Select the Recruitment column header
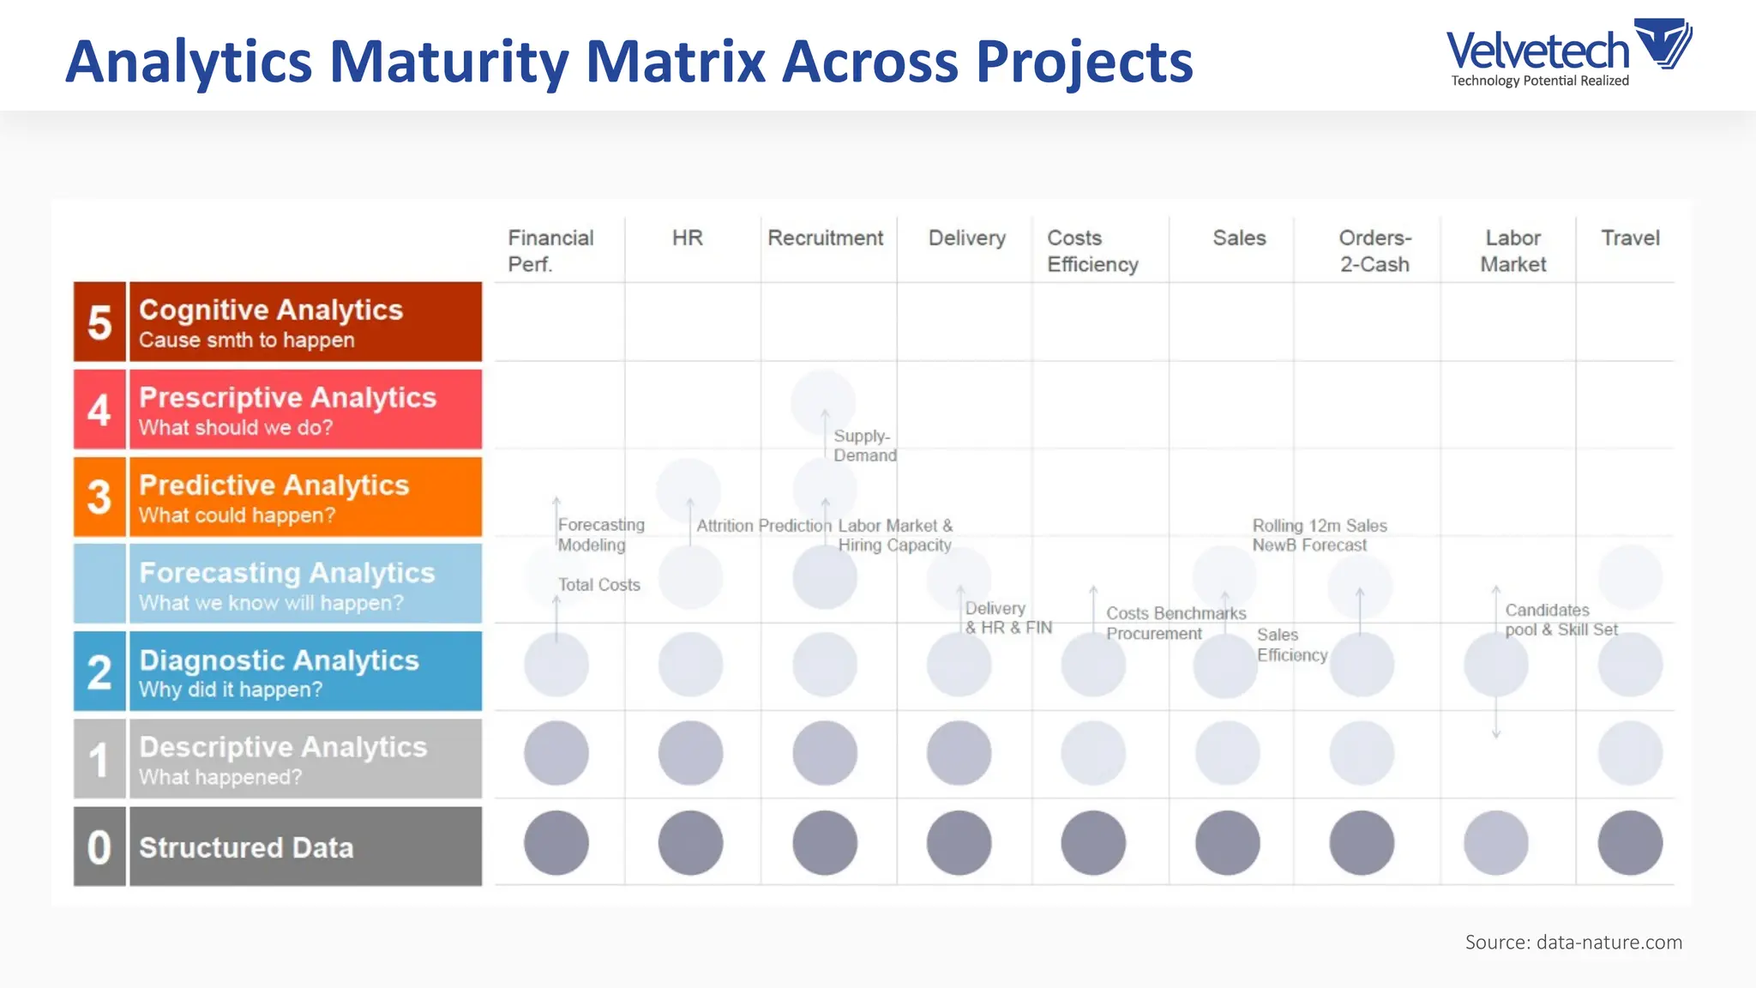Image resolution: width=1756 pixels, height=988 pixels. click(x=824, y=238)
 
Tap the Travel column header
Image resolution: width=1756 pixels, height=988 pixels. click(x=1629, y=238)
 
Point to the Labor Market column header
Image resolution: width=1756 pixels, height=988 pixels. click(x=1512, y=250)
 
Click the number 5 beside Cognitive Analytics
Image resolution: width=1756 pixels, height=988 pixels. click(x=99, y=322)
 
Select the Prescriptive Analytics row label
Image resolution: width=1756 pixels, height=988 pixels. click(x=287, y=398)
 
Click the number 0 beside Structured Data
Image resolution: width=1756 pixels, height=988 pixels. click(x=99, y=847)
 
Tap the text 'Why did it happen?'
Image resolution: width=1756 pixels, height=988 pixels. click(x=231, y=690)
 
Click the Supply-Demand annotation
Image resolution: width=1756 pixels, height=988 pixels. click(x=864, y=446)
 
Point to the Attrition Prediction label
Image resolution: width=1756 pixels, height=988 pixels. click(x=763, y=526)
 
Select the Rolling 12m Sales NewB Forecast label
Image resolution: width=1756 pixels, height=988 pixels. click(x=1319, y=535)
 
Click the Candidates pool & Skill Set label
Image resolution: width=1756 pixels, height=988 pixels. click(x=1561, y=619)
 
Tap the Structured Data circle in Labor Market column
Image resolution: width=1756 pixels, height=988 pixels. click(x=1495, y=843)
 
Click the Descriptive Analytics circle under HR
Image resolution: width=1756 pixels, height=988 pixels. click(x=690, y=753)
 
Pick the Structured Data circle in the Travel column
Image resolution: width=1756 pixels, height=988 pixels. click(x=1629, y=843)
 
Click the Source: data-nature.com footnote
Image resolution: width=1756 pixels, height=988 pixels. click(x=1573, y=943)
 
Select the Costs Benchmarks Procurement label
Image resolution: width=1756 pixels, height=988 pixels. click(x=1175, y=624)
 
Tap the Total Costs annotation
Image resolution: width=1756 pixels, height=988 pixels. click(x=598, y=585)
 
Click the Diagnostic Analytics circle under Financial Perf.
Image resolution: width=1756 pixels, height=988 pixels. click(x=556, y=665)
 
